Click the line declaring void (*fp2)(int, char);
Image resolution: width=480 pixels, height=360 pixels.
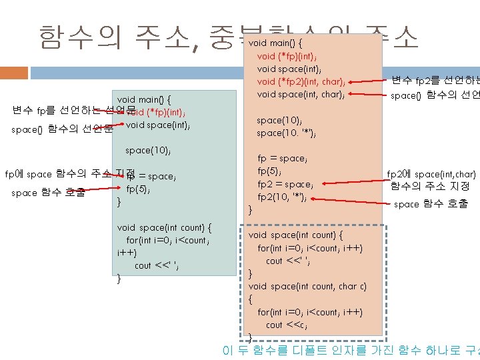pyautogui.click(x=301, y=82)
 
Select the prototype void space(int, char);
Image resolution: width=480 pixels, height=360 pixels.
pyautogui.click(x=301, y=95)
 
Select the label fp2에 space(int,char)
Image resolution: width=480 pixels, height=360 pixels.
pyautogui.click(x=431, y=175)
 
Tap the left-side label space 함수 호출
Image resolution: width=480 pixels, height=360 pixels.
pyautogui.click(x=48, y=193)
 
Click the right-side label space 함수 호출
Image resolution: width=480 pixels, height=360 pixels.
pyautogui.click(x=431, y=204)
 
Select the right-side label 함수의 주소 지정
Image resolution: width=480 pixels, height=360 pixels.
pyautogui.click(x=430, y=187)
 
